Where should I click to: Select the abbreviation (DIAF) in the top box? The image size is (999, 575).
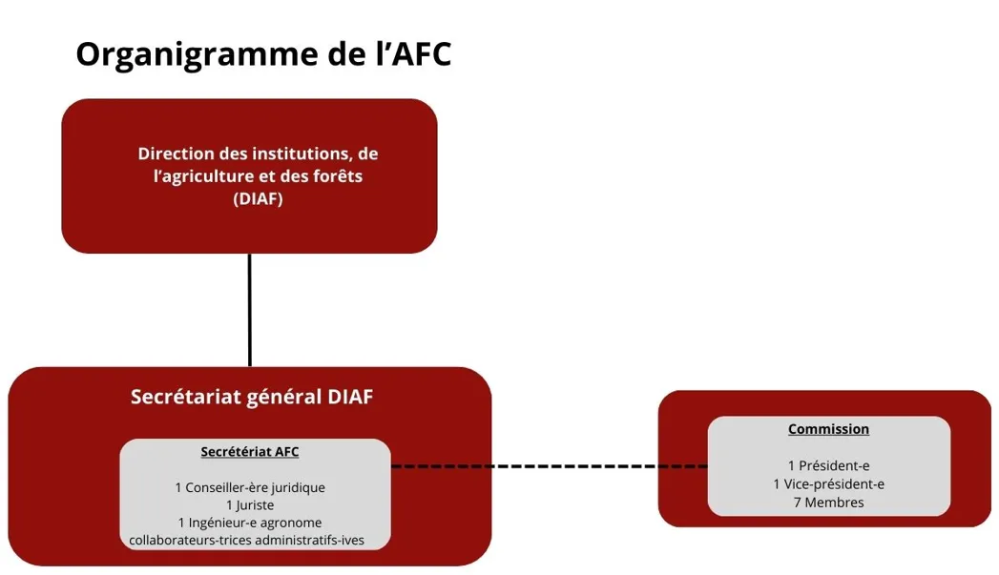click(259, 199)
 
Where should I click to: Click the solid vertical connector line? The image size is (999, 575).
click(250, 310)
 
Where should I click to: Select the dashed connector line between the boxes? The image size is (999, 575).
click(549, 466)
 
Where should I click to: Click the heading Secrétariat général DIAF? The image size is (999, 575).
click(252, 397)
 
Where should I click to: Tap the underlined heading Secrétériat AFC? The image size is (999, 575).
click(250, 452)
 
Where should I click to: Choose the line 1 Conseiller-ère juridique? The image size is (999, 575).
click(250, 487)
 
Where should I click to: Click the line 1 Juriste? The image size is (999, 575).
click(250, 504)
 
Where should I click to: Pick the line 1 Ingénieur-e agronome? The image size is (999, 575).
click(250, 523)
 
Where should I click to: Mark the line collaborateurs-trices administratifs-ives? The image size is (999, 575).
click(247, 540)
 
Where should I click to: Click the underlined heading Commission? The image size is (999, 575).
click(828, 429)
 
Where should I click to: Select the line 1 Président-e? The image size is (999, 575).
click(828, 466)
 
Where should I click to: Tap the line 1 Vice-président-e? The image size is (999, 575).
click(828, 484)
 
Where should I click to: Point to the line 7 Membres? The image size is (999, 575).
click(828, 503)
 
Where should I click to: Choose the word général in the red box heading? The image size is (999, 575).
click(279, 398)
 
